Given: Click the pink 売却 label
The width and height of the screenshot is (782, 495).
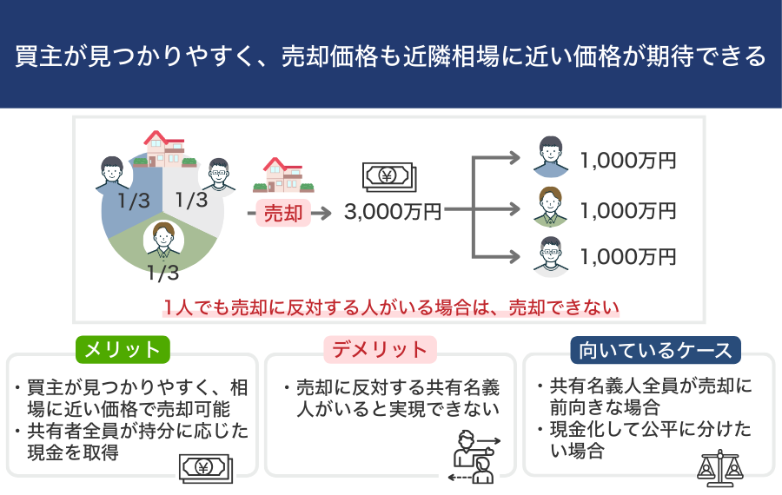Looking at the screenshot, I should (282, 213).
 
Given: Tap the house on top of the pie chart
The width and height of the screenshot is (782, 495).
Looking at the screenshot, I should (166, 149).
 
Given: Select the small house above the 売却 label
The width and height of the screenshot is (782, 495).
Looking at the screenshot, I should (282, 174).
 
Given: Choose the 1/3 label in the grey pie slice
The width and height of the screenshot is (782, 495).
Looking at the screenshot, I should (191, 201).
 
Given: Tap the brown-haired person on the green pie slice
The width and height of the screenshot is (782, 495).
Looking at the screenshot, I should (163, 239).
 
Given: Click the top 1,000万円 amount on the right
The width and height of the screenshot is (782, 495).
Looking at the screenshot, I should (627, 161).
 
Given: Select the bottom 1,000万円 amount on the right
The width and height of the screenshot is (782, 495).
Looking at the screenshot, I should (627, 257).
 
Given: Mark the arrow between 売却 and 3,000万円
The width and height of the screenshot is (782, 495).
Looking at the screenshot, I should (321, 213).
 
